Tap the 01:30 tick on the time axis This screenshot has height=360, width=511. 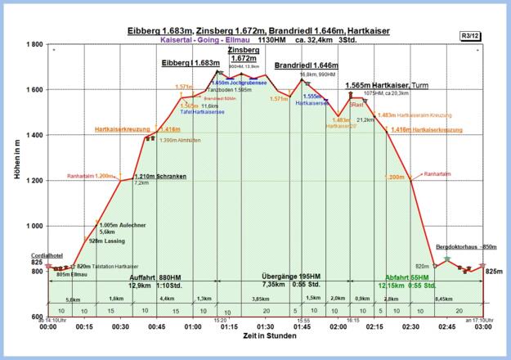[266, 326]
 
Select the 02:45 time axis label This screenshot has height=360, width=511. [446, 326]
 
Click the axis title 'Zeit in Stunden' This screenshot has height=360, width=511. [266, 336]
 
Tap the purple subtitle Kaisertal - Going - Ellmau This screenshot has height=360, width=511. [211, 38]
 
